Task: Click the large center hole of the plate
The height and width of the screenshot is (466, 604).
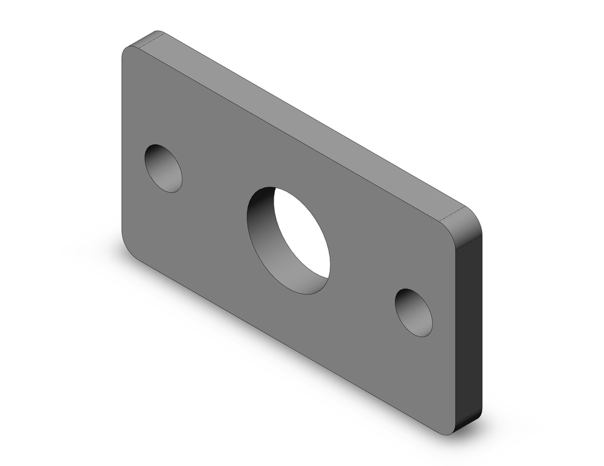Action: coord(289,240)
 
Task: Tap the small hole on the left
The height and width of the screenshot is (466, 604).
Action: coord(163,168)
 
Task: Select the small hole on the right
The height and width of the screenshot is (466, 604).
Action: coord(414,312)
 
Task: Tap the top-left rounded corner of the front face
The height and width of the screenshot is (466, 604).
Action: coord(128,53)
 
